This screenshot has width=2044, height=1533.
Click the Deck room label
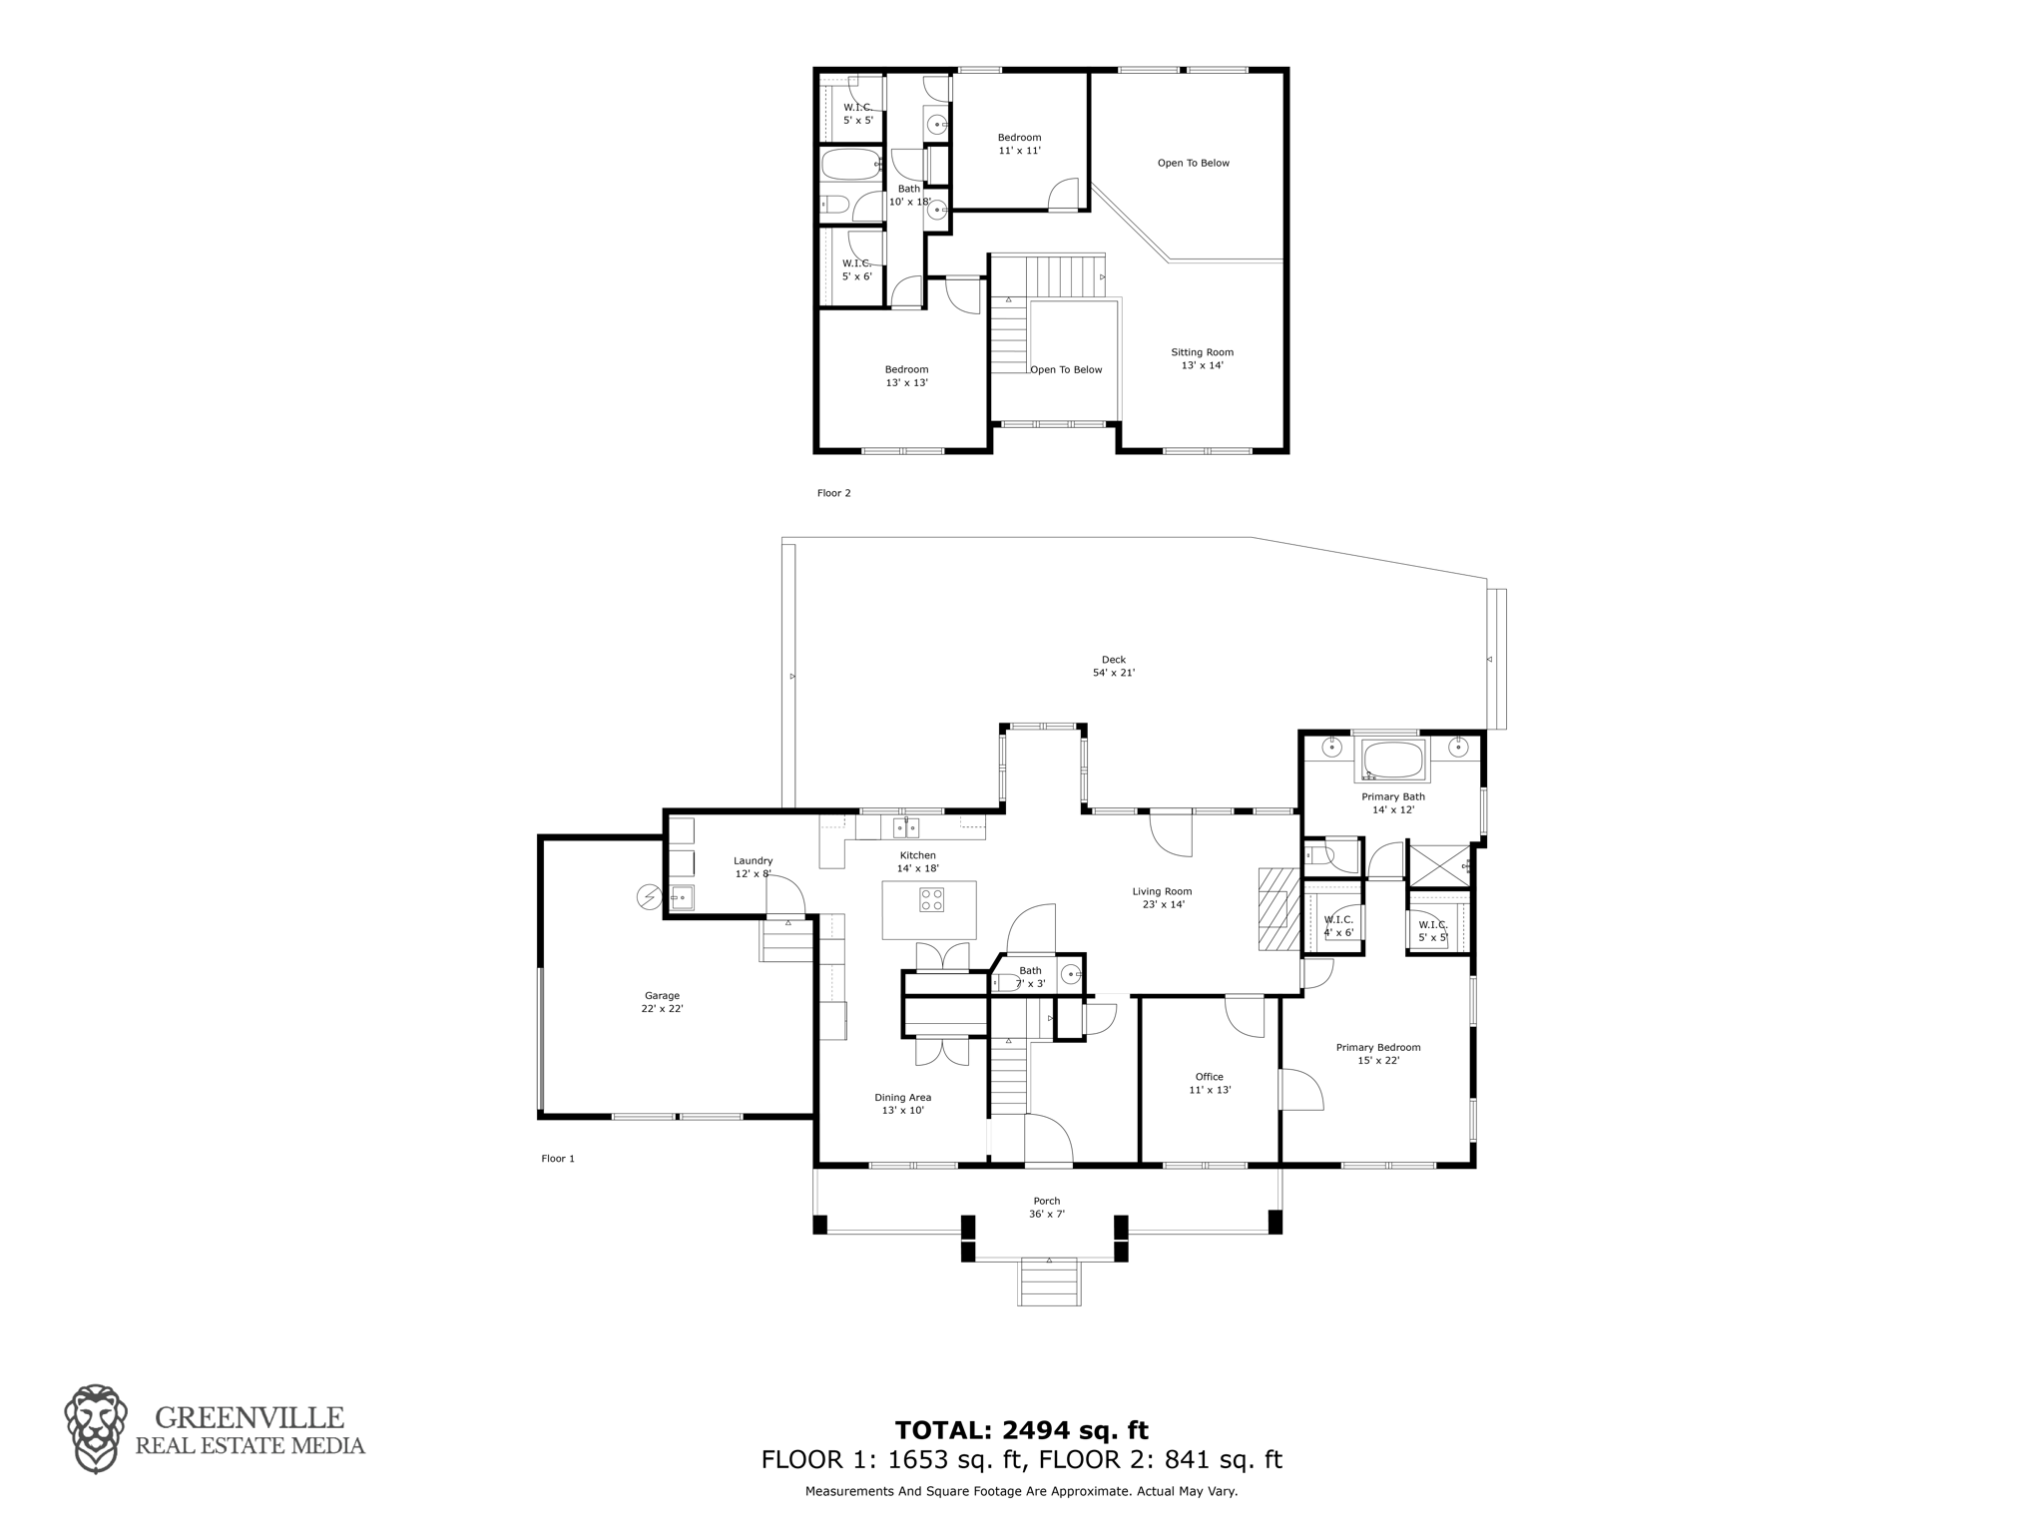coord(1113,666)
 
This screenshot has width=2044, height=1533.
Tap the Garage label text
coord(662,1002)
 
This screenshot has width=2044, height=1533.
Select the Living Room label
coord(1162,898)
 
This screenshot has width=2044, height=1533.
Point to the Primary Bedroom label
coord(1378,1054)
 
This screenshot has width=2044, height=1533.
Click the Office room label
coord(1209,1083)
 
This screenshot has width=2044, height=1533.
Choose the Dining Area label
coord(902,1104)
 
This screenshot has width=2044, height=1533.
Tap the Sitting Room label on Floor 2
coord(1202,358)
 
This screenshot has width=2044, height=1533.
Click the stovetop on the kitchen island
coord(931,899)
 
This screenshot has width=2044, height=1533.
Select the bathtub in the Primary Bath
coord(1392,761)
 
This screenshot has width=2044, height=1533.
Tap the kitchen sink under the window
coord(906,827)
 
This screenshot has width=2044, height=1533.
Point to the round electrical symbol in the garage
coord(649,898)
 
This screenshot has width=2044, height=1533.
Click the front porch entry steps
coord(1049,1282)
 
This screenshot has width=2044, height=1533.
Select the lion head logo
coord(96,1429)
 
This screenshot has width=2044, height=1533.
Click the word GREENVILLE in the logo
coord(249,1417)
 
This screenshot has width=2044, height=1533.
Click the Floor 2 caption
coord(833,493)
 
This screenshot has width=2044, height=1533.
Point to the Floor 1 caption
coord(558,1159)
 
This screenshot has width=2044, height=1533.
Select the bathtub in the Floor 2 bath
coord(851,165)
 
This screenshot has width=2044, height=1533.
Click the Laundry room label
coord(754,867)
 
